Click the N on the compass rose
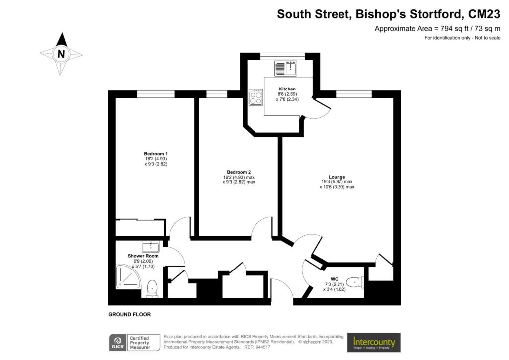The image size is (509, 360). click(x=61, y=54)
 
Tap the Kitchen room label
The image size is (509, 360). click(x=287, y=89)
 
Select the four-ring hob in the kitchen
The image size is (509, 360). click(x=256, y=97)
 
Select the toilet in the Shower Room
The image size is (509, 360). click(x=153, y=288)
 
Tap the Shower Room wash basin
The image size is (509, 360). click(x=150, y=247)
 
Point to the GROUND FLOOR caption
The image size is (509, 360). click(x=129, y=314)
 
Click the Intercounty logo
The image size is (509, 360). click(x=374, y=342)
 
